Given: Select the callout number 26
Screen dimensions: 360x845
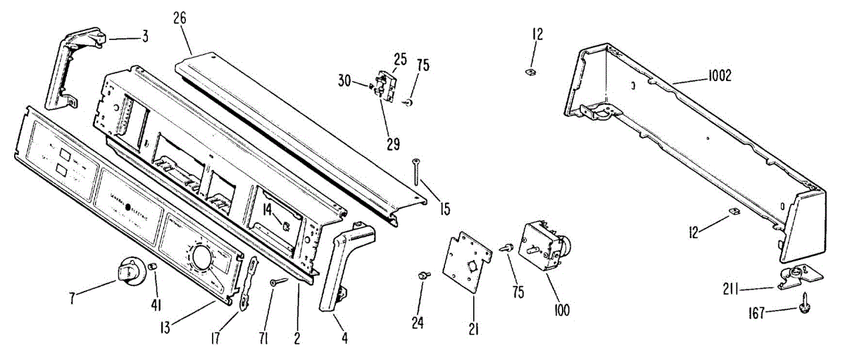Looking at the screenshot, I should pyautogui.click(x=180, y=18).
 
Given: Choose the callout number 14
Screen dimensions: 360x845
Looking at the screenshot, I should pyautogui.click(x=268, y=209).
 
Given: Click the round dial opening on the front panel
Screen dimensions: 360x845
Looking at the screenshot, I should pyautogui.click(x=201, y=258).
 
